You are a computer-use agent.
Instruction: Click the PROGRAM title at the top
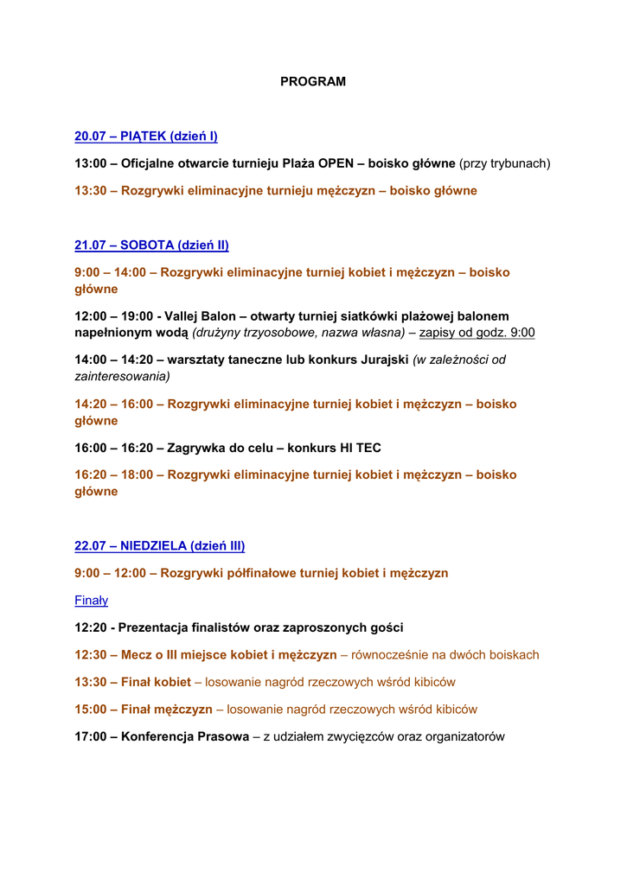click(313, 81)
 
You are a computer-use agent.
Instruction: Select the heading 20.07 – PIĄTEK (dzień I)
click(146, 136)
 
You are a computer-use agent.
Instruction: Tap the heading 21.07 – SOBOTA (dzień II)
click(151, 245)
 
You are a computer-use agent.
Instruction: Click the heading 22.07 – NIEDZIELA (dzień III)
click(160, 545)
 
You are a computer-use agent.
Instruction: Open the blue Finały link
click(91, 600)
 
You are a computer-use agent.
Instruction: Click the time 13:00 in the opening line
click(91, 162)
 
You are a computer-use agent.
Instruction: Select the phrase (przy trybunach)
click(505, 162)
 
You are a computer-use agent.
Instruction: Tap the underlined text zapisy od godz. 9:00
click(477, 333)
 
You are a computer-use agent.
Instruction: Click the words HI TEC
click(361, 448)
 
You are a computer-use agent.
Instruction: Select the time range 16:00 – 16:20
click(113, 448)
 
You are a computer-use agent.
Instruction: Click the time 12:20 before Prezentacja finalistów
click(91, 627)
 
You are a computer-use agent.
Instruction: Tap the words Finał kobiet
click(157, 682)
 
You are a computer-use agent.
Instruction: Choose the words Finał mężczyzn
click(167, 710)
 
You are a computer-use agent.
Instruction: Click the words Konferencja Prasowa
click(185, 736)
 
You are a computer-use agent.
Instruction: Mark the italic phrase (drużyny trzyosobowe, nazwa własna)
click(298, 333)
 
